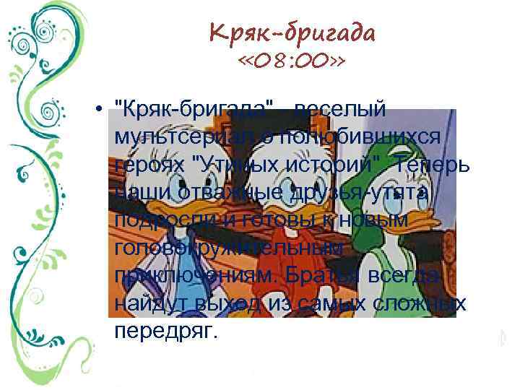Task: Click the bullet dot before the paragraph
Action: click(96, 110)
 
